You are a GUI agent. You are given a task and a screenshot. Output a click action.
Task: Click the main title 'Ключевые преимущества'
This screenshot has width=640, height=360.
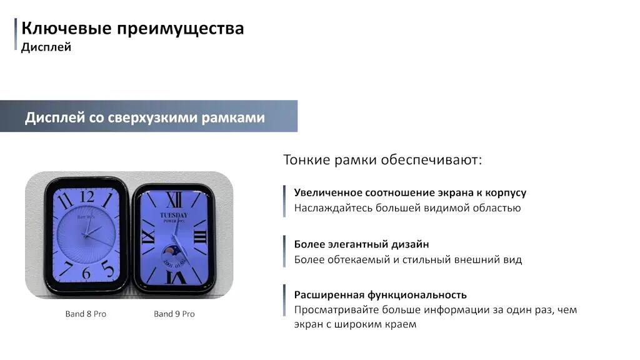[132, 29]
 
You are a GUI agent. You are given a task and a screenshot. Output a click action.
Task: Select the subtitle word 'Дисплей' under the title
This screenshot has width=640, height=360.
[46, 47]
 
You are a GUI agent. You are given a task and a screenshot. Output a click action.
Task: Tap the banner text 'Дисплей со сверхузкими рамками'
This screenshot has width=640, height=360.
[145, 117]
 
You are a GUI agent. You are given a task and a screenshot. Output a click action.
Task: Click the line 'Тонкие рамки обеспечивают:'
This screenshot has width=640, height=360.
[382, 159]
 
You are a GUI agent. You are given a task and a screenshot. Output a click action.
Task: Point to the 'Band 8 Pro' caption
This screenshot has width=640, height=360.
[86, 314]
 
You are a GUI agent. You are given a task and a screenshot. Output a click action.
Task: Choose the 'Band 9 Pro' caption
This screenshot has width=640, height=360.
[174, 314]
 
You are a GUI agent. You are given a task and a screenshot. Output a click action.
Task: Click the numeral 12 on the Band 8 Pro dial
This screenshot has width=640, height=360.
[87, 197]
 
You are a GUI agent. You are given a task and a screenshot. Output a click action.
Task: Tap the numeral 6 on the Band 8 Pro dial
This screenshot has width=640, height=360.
[86, 273]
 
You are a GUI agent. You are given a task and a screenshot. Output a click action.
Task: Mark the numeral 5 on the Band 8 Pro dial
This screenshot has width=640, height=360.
[107, 269]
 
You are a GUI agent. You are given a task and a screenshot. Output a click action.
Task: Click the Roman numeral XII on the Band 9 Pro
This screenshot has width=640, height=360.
[174, 201]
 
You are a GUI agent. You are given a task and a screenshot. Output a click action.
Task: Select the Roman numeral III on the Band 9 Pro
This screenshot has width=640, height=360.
[200, 237]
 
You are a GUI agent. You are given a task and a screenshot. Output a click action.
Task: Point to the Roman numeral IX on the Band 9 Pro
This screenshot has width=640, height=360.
[147, 236]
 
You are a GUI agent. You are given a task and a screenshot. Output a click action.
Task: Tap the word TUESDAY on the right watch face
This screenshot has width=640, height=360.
[174, 215]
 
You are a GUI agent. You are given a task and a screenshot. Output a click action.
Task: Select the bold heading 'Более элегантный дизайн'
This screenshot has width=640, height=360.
[362, 244]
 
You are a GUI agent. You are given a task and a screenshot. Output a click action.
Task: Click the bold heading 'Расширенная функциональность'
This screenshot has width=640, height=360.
[381, 295]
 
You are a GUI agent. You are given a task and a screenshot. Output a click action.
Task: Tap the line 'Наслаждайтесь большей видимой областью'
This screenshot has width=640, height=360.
[407, 208]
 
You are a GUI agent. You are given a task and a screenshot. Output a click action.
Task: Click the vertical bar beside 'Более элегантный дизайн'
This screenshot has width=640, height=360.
[284, 251]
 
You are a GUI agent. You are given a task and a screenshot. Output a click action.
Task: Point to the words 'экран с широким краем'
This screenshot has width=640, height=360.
[355, 324]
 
